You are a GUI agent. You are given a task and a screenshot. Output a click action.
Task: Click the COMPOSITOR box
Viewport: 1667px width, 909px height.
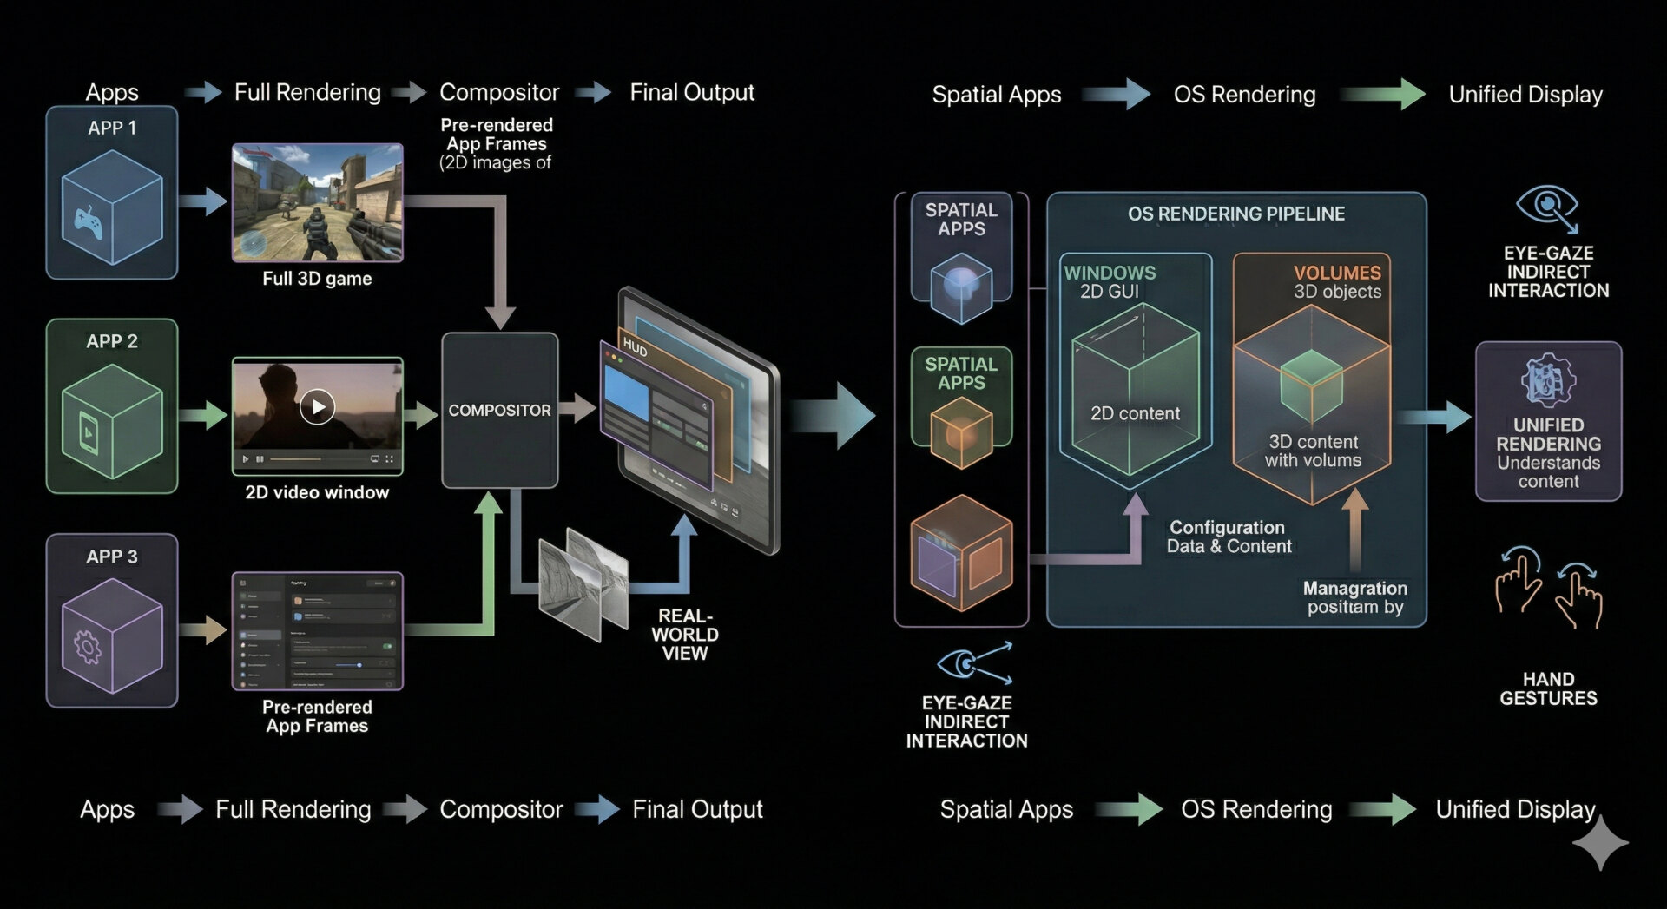coord(499,410)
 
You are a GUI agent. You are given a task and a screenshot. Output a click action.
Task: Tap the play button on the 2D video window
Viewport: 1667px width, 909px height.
coord(317,406)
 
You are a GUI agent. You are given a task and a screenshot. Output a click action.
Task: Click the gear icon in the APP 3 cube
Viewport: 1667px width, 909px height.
coord(88,647)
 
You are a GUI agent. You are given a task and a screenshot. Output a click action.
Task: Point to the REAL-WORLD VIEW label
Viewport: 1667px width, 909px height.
coord(685,635)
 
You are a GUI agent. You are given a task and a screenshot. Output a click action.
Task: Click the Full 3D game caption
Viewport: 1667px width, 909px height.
coord(317,279)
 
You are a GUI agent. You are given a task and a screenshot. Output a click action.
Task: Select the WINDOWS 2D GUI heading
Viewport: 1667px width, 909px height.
coord(1110,282)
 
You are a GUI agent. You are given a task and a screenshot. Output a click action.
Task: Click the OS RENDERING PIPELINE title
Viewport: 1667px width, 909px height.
coord(1235,214)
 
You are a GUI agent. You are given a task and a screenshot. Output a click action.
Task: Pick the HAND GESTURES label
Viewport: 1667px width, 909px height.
coord(1548,688)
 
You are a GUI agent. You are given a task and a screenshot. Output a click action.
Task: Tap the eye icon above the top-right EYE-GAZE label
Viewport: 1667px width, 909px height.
coord(1546,207)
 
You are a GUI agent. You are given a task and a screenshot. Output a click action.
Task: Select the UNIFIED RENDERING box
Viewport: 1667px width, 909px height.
coord(1548,422)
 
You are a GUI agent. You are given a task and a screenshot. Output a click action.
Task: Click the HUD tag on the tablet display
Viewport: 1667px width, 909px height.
coord(635,349)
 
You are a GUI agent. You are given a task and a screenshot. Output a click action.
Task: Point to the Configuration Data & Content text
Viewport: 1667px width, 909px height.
coord(1229,537)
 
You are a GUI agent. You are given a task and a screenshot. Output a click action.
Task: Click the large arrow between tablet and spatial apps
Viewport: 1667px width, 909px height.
coord(833,416)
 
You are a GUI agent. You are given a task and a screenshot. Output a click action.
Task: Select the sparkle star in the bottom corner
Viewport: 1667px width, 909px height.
coord(1600,841)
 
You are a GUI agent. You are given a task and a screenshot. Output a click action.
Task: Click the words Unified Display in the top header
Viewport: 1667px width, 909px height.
coord(1525,95)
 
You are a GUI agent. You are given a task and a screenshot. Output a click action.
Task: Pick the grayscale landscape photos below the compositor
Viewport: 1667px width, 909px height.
coord(583,580)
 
